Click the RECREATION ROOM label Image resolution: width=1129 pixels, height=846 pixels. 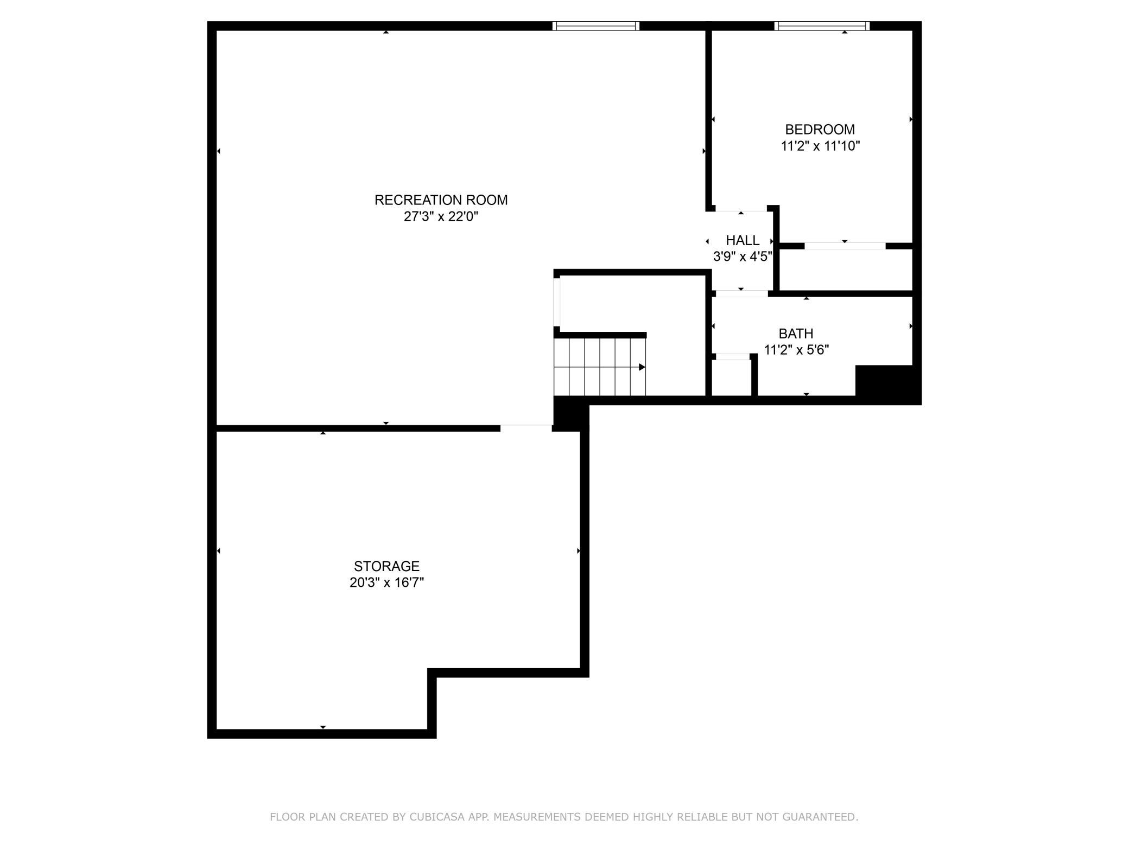point(441,200)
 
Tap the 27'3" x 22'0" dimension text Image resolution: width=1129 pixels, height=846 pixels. point(441,217)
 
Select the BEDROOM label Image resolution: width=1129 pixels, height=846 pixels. point(820,130)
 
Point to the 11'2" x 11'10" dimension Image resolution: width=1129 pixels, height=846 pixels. point(820,146)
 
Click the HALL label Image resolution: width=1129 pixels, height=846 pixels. point(743,240)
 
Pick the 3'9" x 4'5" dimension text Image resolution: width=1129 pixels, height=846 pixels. point(743,257)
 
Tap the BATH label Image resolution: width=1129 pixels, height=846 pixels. point(796,334)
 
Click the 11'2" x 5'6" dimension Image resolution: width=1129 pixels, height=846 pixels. point(796,350)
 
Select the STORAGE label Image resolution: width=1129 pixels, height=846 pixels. point(386,566)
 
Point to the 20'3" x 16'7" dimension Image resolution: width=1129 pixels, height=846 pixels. point(386,582)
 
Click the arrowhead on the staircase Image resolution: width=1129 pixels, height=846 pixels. point(642,367)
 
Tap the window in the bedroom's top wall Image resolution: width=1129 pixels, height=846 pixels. point(822,25)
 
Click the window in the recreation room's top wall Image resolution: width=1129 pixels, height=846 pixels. point(596,25)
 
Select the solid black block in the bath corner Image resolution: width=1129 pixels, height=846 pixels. point(885,382)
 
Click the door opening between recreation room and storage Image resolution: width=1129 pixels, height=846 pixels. point(526,428)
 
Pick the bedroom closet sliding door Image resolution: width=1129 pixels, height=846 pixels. point(845,246)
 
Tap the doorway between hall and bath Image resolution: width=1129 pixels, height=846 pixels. point(741,294)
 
